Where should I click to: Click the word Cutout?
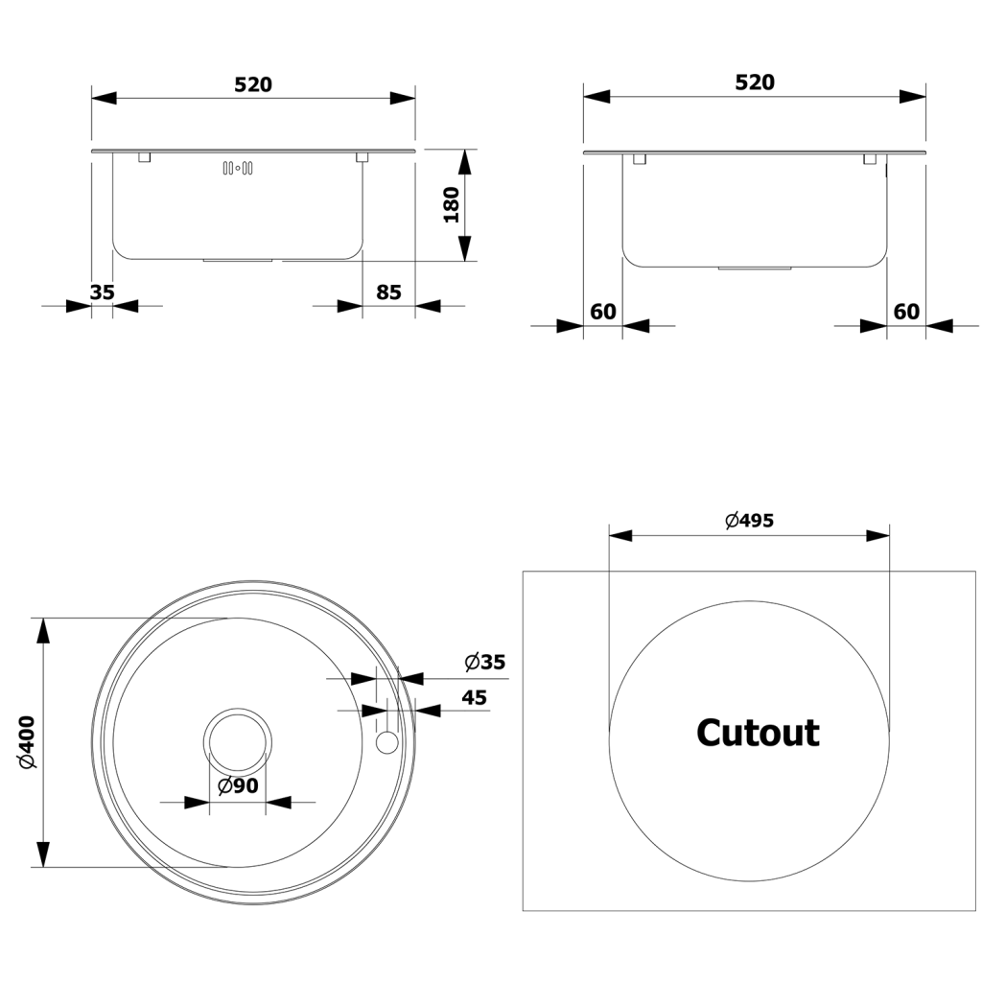[758, 733]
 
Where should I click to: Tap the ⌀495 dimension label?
[750, 521]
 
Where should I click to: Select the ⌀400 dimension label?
[28, 742]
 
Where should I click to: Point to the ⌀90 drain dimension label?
[238, 785]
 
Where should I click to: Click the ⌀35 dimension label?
[484, 662]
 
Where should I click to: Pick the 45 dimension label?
[474, 698]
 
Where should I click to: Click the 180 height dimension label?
[451, 205]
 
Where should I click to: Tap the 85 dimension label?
[388, 292]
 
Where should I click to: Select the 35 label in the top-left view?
[102, 292]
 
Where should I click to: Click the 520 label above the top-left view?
[253, 84]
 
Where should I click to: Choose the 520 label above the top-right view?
[755, 82]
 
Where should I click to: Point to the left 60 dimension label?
[603, 312]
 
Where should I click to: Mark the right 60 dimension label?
[906, 312]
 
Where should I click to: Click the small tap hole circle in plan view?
[386, 742]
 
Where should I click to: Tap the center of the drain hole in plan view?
[238, 743]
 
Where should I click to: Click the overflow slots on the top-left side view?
[238, 168]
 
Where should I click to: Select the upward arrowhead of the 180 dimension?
[464, 162]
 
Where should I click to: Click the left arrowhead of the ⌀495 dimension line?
[620, 535]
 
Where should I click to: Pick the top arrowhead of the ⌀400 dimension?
[42, 631]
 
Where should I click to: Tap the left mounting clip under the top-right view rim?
[640, 159]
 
